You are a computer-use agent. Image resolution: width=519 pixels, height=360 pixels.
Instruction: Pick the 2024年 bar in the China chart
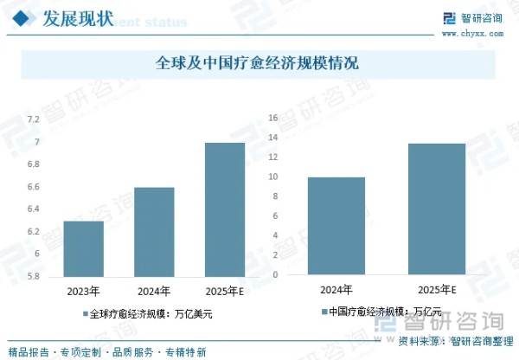[336, 226]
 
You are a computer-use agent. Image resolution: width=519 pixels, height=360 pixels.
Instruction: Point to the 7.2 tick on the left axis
[33, 119]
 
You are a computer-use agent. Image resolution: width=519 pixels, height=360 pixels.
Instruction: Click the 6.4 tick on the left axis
[33, 209]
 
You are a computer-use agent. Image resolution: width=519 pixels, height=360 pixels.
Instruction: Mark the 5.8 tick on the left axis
[33, 276]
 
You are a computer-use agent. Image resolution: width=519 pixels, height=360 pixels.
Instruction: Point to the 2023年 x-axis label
[84, 290]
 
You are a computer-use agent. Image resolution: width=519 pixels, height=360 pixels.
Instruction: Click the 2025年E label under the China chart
[437, 289]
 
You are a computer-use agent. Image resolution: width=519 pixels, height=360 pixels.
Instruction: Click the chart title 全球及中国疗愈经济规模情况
[258, 64]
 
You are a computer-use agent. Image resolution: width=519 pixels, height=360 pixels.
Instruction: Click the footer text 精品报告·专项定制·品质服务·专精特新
[106, 352]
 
